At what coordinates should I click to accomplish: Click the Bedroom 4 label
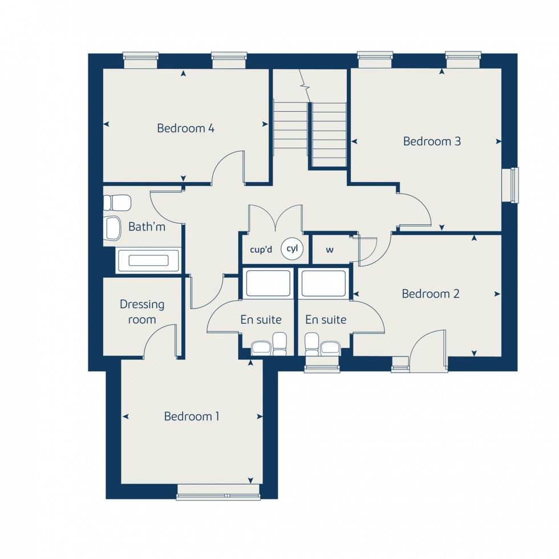click(x=185, y=128)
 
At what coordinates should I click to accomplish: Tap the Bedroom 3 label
click(x=432, y=141)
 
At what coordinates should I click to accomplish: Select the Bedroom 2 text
click(x=431, y=294)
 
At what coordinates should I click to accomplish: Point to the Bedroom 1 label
click(x=192, y=416)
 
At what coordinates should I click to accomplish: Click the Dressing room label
click(x=142, y=312)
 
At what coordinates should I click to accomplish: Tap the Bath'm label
click(x=147, y=227)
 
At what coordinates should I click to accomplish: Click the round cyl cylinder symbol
click(x=292, y=249)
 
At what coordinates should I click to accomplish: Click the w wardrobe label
click(x=330, y=249)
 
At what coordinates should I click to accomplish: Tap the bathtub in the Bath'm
click(x=148, y=261)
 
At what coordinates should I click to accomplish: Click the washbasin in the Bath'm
click(x=113, y=228)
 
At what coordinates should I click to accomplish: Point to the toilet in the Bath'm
click(x=117, y=202)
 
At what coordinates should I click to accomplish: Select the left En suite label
click(x=261, y=320)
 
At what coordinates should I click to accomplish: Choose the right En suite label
click(x=326, y=320)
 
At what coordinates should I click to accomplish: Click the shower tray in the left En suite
click(x=267, y=283)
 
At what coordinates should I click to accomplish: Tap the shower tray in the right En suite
click(x=323, y=283)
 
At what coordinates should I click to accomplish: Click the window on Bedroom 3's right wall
click(x=514, y=185)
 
